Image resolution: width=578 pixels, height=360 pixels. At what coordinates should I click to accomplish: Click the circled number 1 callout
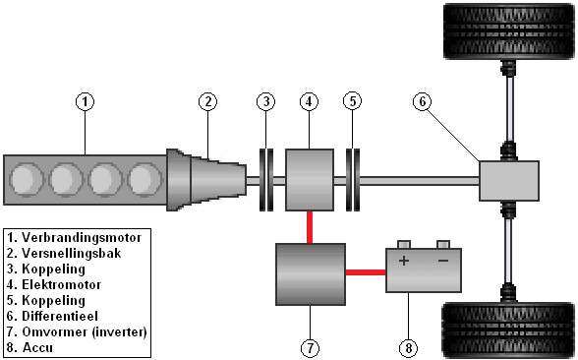(86, 101)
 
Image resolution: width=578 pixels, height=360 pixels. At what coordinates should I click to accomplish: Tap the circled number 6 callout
(423, 101)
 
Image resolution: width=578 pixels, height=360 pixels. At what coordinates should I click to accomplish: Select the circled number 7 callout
(310, 348)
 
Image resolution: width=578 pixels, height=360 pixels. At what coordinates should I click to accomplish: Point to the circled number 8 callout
(409, 348)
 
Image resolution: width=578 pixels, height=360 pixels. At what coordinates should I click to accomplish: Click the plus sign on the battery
(404, 261)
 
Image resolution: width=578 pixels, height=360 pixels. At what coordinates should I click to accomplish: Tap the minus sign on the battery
(443, 261)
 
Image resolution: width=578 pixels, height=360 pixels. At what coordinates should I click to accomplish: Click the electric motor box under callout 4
(310, 180)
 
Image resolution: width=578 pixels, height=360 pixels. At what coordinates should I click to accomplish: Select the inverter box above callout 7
(311, 274)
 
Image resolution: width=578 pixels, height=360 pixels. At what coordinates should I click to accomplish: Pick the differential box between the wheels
(509, 181)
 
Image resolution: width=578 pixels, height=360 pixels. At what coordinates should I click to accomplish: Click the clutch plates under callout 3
(266, 180)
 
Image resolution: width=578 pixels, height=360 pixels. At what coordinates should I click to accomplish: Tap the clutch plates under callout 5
(353, 180)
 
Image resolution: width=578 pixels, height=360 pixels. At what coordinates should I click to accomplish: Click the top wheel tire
(509, 31)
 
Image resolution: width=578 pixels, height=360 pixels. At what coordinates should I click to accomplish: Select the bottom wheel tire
(509, 330)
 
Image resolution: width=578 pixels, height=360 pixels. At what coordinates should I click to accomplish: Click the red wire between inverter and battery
(366, 272)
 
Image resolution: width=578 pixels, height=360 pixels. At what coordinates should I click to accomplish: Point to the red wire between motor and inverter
(310, 227)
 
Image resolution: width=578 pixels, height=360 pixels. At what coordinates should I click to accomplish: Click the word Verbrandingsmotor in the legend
(82, 238)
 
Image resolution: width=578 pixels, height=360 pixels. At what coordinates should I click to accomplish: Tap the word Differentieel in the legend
(60, 316)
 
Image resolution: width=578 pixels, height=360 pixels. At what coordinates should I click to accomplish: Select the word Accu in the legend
(37, 347)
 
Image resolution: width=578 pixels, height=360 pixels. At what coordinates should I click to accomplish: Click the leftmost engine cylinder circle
(27, 179)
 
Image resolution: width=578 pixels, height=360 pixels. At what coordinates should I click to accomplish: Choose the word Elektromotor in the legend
(62, 285)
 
